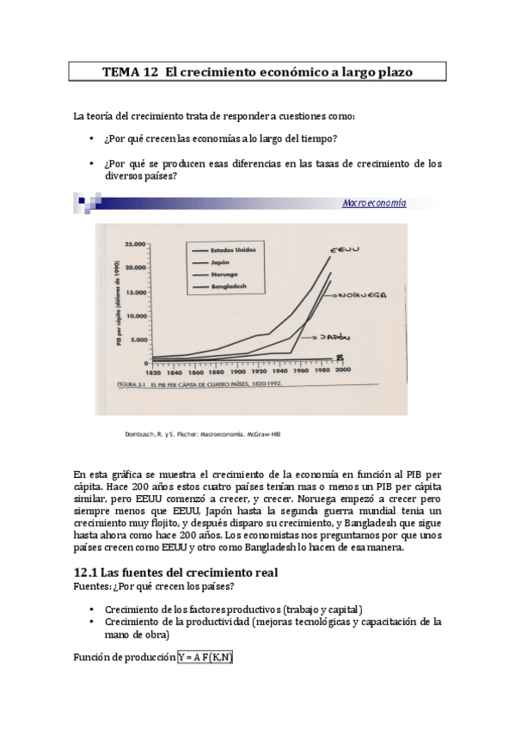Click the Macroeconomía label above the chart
tap(374, 203)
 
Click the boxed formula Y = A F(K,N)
tap(205, 657)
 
